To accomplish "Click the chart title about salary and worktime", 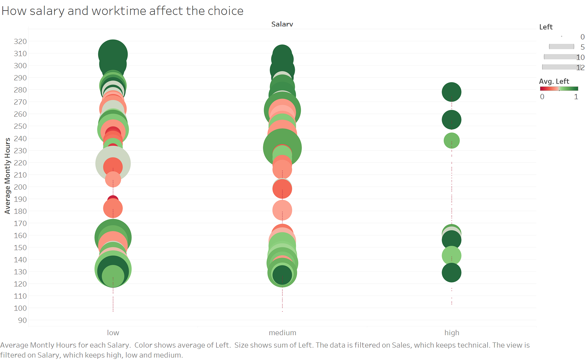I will tap(122, 11).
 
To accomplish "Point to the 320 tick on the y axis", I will tap(20, 41).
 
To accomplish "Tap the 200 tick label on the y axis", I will tap(20, 187).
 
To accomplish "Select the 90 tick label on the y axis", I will tap(22, 320).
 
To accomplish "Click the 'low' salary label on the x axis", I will tap(113, 333).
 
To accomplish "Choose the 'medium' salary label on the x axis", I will tap(282, 333).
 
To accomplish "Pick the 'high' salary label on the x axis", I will tap(452, 333).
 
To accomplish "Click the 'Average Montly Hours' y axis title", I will tap(8, 176).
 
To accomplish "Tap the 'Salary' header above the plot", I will tap(282, 24).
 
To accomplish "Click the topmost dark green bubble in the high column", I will tap(451, 92).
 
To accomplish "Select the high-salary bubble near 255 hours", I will tap(451, 120).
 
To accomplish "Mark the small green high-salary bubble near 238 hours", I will tap(451, 141).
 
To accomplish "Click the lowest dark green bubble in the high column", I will tap(451, 273).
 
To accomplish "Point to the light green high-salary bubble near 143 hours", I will tap(451, 256).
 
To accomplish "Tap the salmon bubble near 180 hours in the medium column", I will tap(282, 210).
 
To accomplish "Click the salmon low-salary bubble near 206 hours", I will tap(113, 179).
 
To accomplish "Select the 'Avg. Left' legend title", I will tap(554, 81).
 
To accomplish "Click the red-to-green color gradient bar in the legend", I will tap(559, 89).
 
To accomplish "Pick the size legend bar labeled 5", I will tap(561, 46).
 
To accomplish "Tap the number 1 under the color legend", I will tap(576, 97).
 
